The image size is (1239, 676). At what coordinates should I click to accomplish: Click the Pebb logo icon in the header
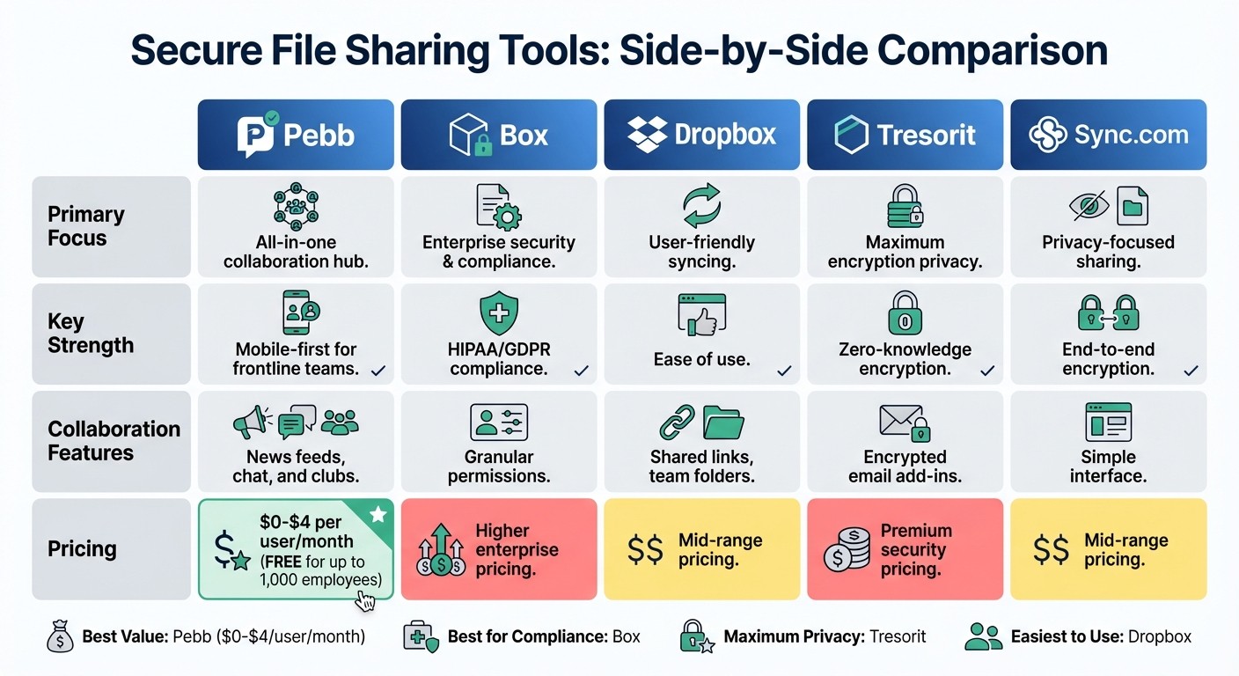tap(258, 135)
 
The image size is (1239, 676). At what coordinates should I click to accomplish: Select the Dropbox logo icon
tap(647, 135)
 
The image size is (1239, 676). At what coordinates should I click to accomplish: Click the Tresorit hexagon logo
tap(851, 136)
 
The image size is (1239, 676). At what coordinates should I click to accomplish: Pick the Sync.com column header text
tap(1131, 135)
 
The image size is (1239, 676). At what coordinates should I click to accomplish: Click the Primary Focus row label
tap(86, 226)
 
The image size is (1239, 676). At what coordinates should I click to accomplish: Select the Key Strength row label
tap(91, 333)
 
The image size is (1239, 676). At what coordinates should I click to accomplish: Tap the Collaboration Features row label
tap(114, 441)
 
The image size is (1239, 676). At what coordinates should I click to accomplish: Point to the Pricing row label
tap(82, 548)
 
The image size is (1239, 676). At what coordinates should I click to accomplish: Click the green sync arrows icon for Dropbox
tap(701, 206)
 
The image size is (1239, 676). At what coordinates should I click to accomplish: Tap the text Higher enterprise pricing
tap(517, 549)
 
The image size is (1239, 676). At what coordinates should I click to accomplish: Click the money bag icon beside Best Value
tap(60, 636)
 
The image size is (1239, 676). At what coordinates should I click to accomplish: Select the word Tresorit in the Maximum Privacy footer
tap(898, 636)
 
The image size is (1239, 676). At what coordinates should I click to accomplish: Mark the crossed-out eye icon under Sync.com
tap(1088, 206)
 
